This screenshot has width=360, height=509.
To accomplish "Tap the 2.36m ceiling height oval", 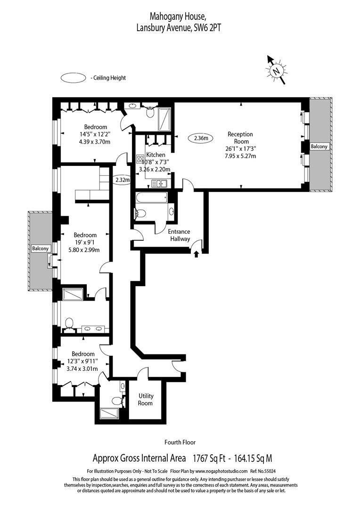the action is point(201,138).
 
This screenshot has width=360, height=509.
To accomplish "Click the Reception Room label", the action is point(240,138).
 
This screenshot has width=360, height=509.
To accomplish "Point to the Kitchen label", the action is point(155,155).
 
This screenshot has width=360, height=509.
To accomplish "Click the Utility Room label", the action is point(146,399).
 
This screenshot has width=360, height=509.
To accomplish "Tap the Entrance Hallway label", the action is point(179,235).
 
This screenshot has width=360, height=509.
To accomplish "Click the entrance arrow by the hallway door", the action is point(196,254).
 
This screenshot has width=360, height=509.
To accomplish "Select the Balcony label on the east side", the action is point(319,147).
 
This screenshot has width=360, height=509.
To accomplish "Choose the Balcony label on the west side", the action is point(40,248).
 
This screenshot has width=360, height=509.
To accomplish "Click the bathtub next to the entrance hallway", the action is point(152,197).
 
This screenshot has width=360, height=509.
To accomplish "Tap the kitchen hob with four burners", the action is point(140,159).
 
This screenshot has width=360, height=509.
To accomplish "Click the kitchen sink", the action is point(159,184).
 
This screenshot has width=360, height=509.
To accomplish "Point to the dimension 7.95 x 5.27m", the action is point(240,156).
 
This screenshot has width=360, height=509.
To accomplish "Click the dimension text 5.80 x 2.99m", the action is point(83,250).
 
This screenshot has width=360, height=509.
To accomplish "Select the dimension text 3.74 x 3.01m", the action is point(82,369).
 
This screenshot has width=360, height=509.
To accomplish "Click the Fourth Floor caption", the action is point(180,442).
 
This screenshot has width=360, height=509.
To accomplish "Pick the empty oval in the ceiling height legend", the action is point(73,78).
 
